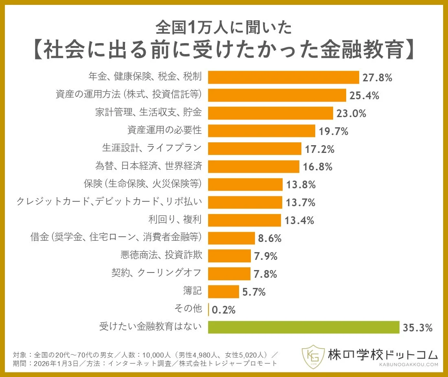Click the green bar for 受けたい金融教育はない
(x=303, y=327)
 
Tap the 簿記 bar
(x=223, y=292)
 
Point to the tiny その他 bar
(x=209, y=309)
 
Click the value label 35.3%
(x=417, y=327)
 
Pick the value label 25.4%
(x=364, y=96)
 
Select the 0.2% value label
(x=224, y=310)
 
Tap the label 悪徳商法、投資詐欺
(x=161, y=256)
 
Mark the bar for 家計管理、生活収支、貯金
(x=270, y=113)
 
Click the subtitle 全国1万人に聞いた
(x=224, y=27)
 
